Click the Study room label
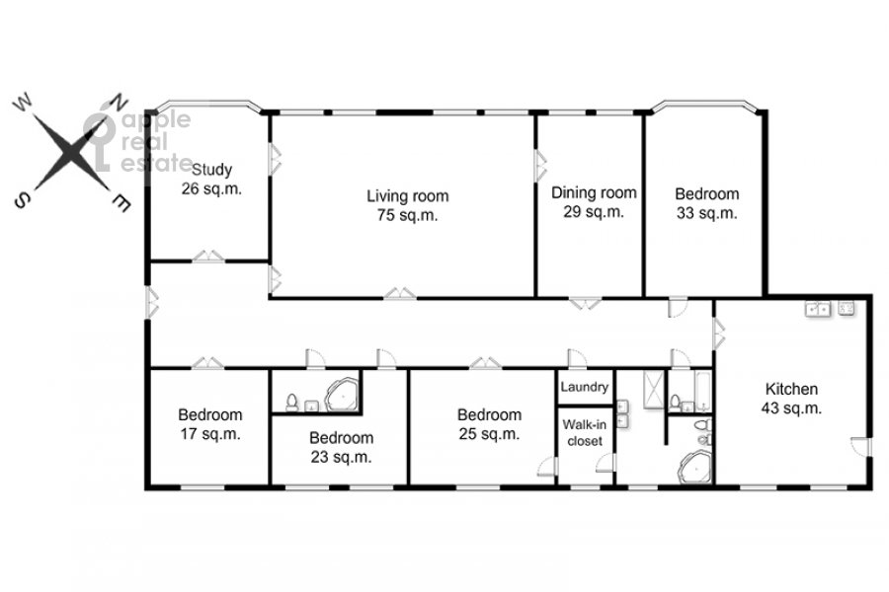tap(211, 179)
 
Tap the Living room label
tap(408, 205)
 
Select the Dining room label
tap(594, 202)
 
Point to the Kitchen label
tap(791, 399)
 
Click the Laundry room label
tap(585, 387)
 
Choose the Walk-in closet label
tap(585, 433)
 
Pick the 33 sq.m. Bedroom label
tap(707, 203)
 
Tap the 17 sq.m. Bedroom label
tap(210, 424)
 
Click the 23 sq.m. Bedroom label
tap(342, 447)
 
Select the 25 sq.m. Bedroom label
tap(489, 424)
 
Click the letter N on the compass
tap(119, 102)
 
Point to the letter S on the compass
tap(22, 199)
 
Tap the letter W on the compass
tap(24, 103)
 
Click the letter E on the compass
tap(121, 203)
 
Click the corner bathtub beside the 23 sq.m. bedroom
tap(342, 393)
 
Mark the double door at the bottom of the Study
tap(208, 257)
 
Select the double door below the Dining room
tap(585, 303)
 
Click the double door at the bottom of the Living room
tap(400, 293)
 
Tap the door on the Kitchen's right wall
tap(861, 447)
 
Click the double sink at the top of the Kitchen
tap(818, 309)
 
